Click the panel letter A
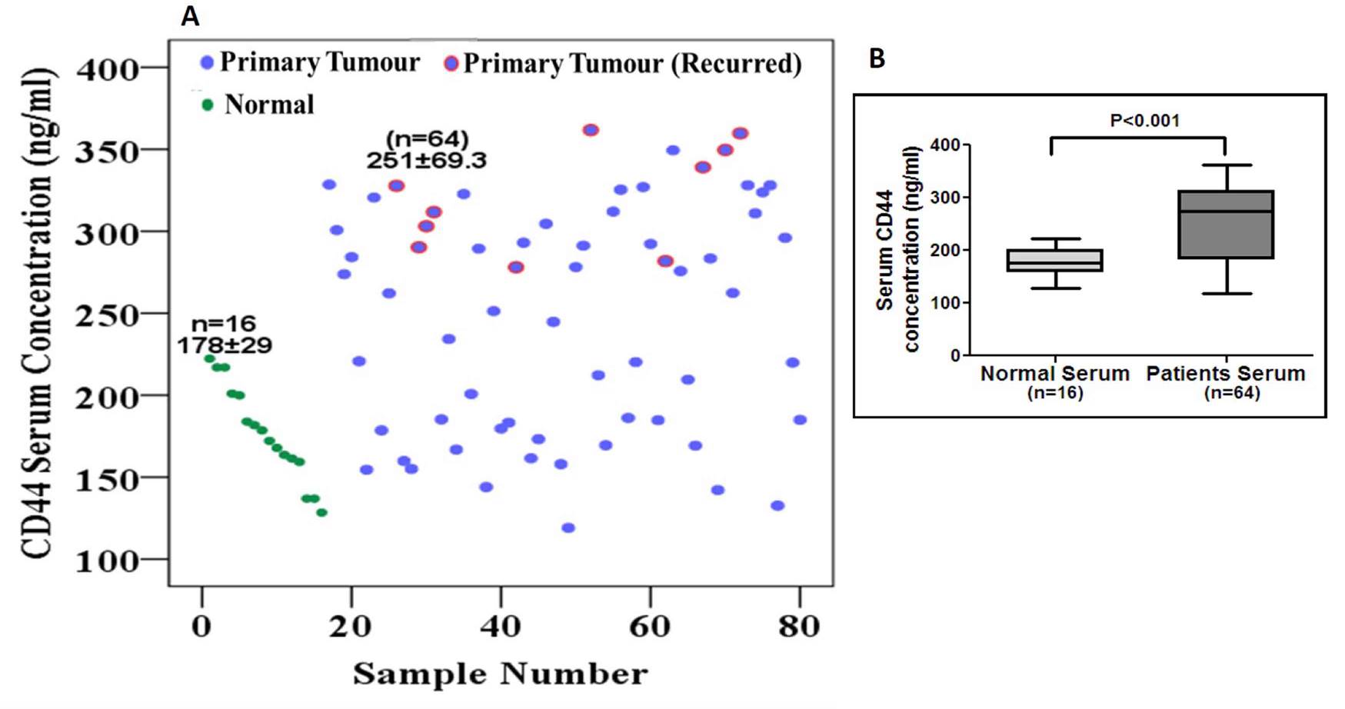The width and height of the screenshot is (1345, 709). [x=190, y=16]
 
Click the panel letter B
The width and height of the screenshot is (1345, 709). [x=877, y=58]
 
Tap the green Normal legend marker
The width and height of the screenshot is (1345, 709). [x=207, y=105]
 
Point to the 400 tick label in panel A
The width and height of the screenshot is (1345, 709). [x=107, y=70]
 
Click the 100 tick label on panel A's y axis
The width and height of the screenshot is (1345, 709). [x=107, y=560]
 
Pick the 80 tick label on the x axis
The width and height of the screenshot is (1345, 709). [x=799, y=627]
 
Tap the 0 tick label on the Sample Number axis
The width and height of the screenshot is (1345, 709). [x=201, y=627]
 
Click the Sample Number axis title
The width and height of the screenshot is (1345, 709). [x=500, y=674]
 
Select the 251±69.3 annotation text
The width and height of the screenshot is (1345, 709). [x=426, y=161]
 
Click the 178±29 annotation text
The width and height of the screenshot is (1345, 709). [x=225, y=345]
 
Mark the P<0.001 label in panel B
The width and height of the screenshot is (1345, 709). [x=1144, y=121]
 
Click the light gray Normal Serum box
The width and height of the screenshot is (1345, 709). [x=1055, y=260]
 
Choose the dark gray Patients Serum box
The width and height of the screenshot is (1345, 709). [x=1227, y=225]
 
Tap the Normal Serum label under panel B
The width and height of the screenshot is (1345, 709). [x=1054, y=374]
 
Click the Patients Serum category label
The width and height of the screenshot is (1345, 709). [x=1226, y=374]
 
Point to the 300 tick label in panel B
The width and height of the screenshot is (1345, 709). [x=945, y=198]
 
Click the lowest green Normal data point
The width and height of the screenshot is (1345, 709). [x=321, y=512]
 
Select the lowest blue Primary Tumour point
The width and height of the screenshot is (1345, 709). [x=568, y=528]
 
